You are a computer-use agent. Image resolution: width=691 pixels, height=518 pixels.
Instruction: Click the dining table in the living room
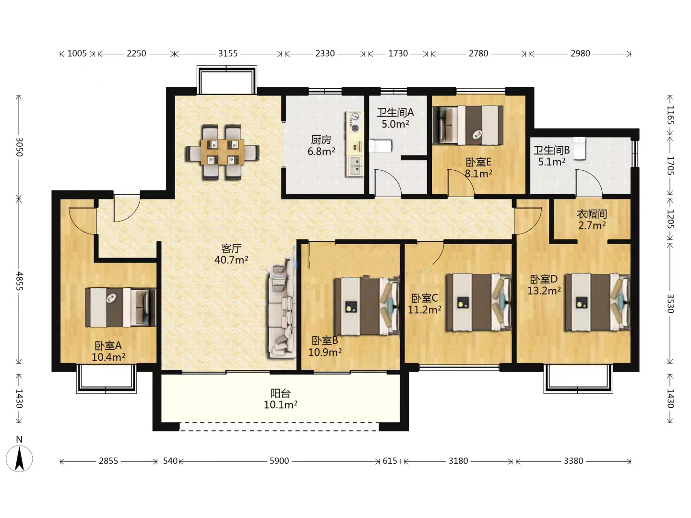coord(222,152)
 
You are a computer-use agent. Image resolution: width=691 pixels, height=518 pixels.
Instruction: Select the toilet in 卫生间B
coord(579,148)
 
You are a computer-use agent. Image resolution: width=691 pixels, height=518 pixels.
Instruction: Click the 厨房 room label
coord(321,140)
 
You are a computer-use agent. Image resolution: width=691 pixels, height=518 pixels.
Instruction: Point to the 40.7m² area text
coord(231,260)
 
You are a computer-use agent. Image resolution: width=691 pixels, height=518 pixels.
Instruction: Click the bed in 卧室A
coord(120,307)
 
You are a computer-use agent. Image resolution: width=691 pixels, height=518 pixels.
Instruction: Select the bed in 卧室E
coord(468,125)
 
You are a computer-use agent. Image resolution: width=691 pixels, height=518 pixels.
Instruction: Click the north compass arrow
coord(20,459)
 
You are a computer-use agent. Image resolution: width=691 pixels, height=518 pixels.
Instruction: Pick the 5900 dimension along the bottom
coord(279,461)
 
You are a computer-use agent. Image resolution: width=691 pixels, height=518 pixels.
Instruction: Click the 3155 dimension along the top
coord(228,53)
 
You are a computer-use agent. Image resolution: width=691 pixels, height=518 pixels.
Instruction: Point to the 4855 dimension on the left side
coord(19,281)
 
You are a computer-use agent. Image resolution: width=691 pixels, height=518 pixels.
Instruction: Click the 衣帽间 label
coord(592,214)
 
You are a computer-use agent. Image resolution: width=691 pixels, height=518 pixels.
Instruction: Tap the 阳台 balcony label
coord(281,393)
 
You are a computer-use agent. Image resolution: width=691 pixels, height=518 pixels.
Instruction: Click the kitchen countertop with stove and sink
coord(355,144)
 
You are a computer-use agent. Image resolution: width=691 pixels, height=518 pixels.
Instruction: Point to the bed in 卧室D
coord(597,302)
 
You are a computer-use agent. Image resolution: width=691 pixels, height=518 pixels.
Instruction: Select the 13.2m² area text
coord(544,291)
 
